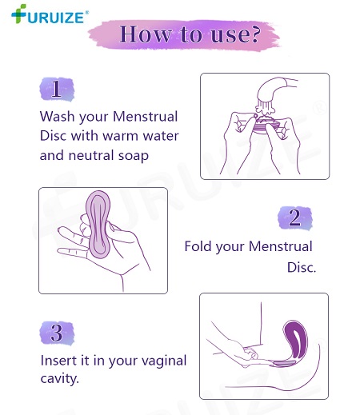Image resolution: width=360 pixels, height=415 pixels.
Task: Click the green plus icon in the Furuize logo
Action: click(x=18, y=14)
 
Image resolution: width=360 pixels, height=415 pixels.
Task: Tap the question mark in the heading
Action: click(x=255, y=34)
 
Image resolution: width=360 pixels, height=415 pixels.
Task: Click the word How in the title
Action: click(x=146, y=34)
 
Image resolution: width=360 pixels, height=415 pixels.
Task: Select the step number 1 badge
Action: click(x=57, y=90)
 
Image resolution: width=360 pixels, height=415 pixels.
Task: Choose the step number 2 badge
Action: click(x=294, y=217)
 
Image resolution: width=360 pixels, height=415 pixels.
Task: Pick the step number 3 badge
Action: click(x=57, y=333)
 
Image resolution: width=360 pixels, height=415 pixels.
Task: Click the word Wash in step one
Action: click(x=57, y=117)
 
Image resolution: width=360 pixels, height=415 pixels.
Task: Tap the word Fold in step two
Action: click(x=198, y=246)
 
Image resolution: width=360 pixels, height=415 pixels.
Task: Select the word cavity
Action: click(x=60, y=378)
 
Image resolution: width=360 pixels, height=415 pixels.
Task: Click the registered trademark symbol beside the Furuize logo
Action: click(x=86, y=12)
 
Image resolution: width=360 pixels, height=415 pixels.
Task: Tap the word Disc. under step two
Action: click(x=302, y=267)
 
